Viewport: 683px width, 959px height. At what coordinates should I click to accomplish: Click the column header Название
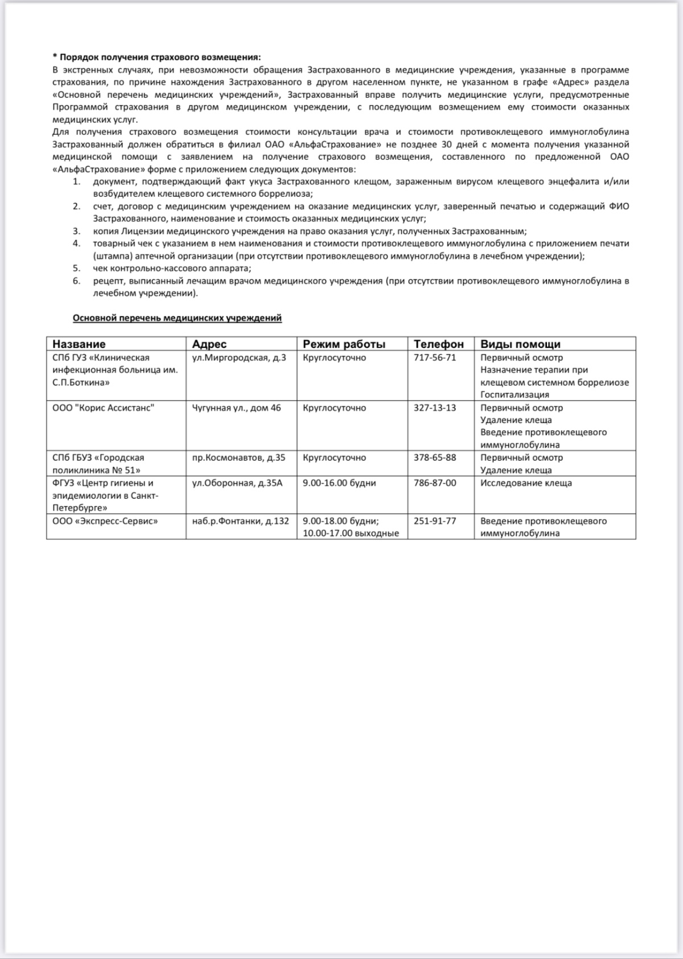(79, 344)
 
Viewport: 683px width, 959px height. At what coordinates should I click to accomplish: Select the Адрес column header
(209, 344)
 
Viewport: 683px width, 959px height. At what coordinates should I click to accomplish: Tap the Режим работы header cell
(344, 344)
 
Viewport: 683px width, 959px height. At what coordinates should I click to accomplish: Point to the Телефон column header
(438, 344)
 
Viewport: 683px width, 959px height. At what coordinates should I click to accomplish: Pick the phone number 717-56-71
(435, 358)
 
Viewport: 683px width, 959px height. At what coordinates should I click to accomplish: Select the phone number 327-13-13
(435, 408)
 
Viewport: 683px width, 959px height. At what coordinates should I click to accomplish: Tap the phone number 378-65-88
(435, 458)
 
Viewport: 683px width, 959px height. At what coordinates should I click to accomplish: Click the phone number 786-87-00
(435, 483)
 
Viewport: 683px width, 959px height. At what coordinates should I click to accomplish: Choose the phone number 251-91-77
(435, 521)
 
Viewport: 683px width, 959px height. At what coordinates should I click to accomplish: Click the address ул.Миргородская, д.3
(239, 358)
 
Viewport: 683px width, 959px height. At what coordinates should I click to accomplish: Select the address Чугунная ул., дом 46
(236, 408)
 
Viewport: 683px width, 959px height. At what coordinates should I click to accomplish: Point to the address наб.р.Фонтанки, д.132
(241, 521)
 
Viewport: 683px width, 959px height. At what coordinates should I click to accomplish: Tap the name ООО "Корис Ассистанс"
(103, 408)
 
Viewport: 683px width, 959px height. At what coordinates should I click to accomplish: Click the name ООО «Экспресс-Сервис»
(105, 521)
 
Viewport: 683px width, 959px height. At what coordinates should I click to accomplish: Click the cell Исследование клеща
(526, 483)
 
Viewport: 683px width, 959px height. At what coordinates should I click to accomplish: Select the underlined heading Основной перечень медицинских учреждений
(177, 318)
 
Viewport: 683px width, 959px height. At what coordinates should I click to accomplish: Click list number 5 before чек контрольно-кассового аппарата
(76, 268)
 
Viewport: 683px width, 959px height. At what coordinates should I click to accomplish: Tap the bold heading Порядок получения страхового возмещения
(160, 57)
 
